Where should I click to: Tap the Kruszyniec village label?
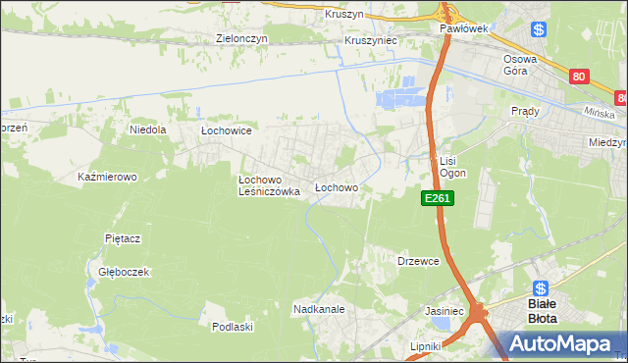click(370, 42)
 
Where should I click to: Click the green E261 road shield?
click(438, 199)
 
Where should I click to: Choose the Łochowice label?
click(228, 130)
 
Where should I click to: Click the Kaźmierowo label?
click(107, 178)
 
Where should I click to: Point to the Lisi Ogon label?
click(452, 167)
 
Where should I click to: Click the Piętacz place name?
click(125, 238)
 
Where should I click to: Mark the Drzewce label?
click(417, 262)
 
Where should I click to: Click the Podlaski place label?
click(234, 327)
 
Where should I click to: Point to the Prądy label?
click(526, 112)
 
